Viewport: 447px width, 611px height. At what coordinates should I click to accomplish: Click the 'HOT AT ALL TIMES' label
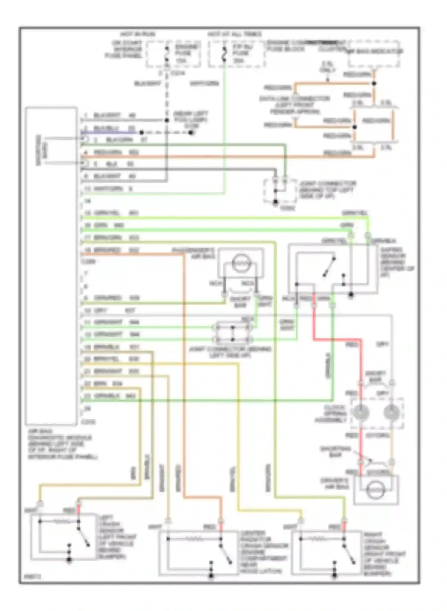(x=235, y=34)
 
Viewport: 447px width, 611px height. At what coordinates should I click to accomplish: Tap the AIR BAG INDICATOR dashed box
(x=374, y=54)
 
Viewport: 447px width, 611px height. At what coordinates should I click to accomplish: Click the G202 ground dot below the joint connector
(x=275, y=202)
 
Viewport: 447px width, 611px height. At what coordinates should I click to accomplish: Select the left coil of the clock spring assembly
(x=360, y=413)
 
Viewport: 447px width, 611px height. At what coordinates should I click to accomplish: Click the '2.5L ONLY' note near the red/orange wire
(x=328, y=67)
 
